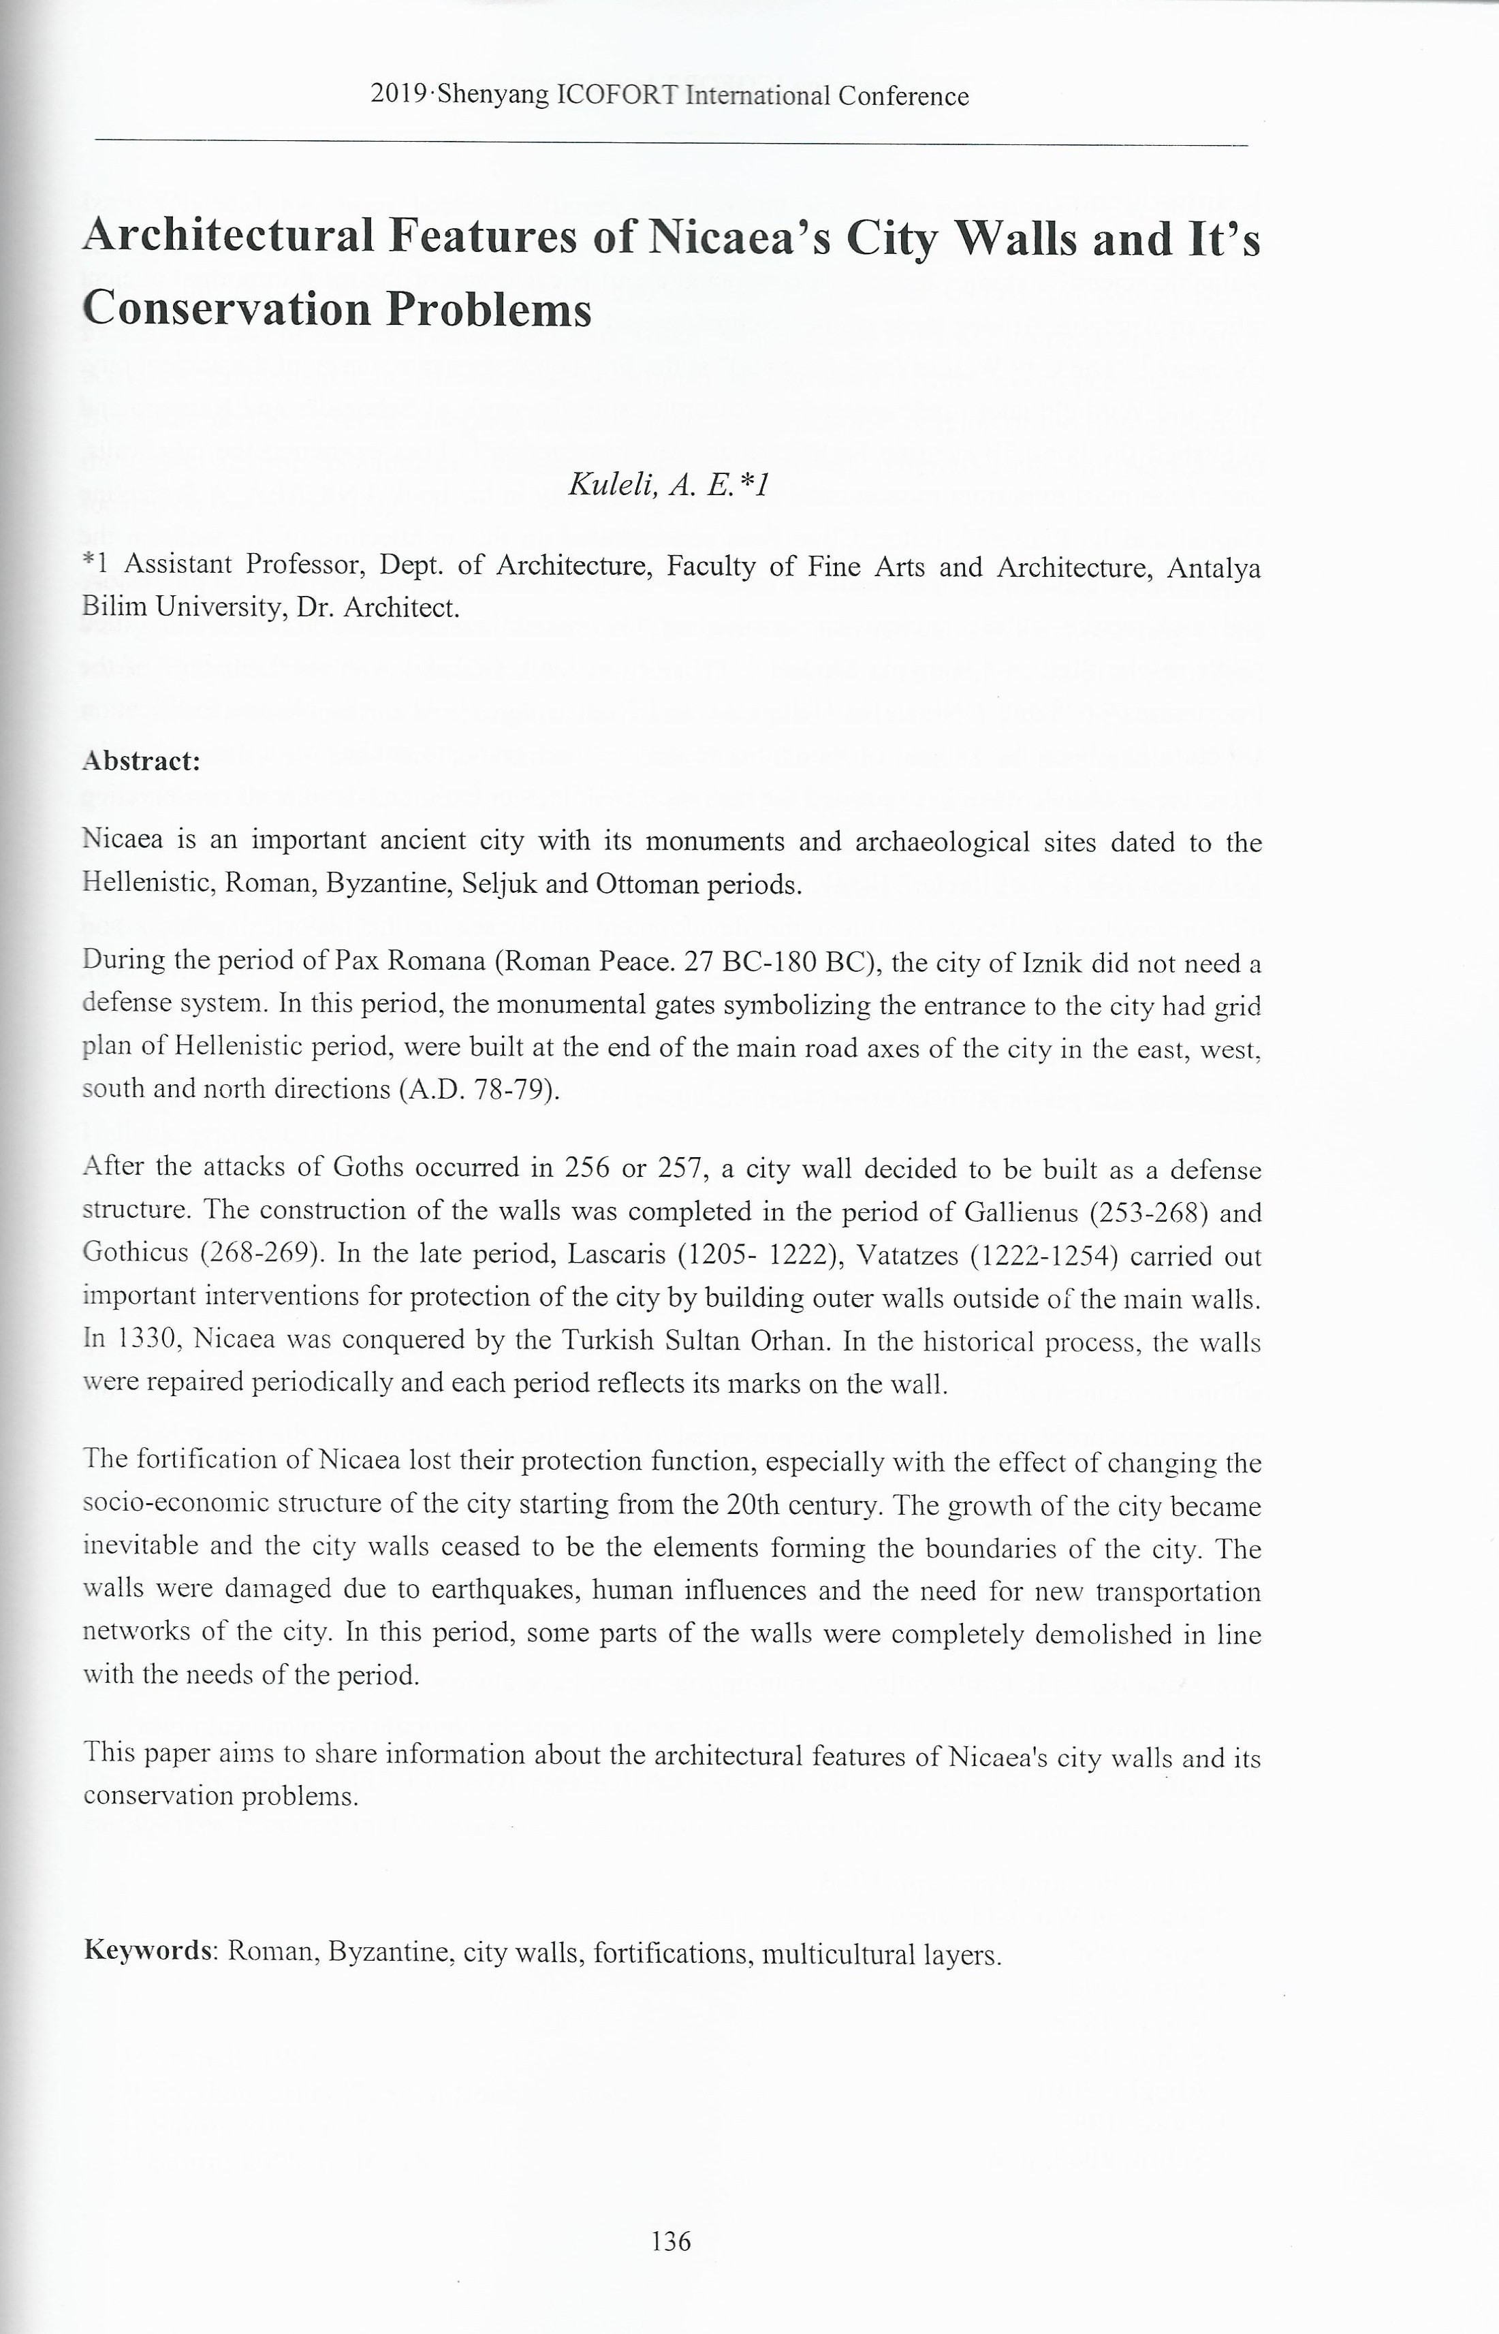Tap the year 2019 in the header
pyautogui.click(x=400, y=95)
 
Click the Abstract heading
pyautogui.click(x=142, y=761)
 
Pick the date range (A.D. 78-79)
pyautogui.click(x=480, y=1089)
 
